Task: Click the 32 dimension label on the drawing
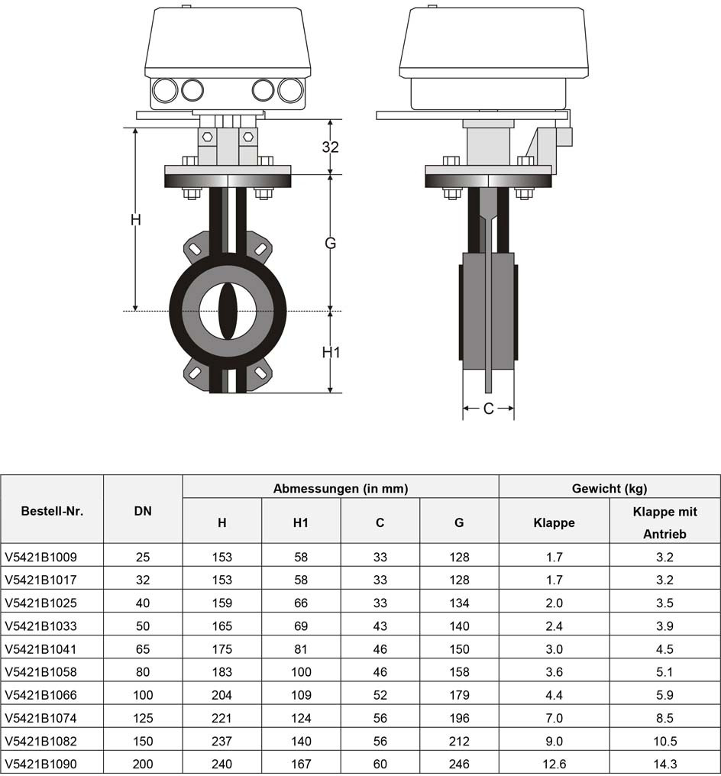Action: coord(331,147)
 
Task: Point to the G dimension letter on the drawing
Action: coord(331,243)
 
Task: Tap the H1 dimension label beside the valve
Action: coord(331,352)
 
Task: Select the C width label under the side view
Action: coord(488,409)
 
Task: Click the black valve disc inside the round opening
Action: coord(228,312)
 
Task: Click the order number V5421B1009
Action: coord(41,558)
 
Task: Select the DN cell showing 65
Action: coord(143,648)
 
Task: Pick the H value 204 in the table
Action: coord(221,695)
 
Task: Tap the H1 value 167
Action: coord(301,764)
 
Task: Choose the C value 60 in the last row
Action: coord(380,764)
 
